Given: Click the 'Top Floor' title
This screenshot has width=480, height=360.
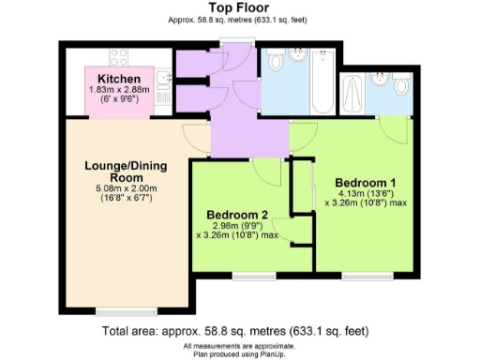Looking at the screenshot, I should pos(240,7).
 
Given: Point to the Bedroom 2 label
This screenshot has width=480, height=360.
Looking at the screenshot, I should pos(238,215).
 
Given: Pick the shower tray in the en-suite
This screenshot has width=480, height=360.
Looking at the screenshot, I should pos(355,94).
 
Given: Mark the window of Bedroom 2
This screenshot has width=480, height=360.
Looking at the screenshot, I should pos(253,276).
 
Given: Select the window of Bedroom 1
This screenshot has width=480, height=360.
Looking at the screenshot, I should pos(361,276).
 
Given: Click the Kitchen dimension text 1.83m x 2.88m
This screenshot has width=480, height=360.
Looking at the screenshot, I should pos(119,89).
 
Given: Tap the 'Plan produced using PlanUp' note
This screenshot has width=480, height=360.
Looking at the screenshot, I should pos(240,354).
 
